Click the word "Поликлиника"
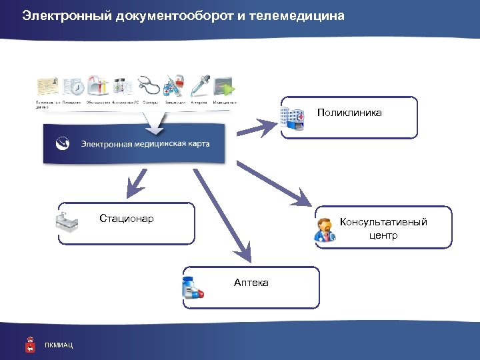click(x=349, y=113)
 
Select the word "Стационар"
click(x=127, y=219)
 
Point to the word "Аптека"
click(x=251, y=283)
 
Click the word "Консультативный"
click(x=383, y=222)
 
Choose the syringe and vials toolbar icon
click(x=174, y=86)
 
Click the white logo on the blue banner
click(x=63, y=142)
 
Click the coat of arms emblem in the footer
click(x=30, y=344)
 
